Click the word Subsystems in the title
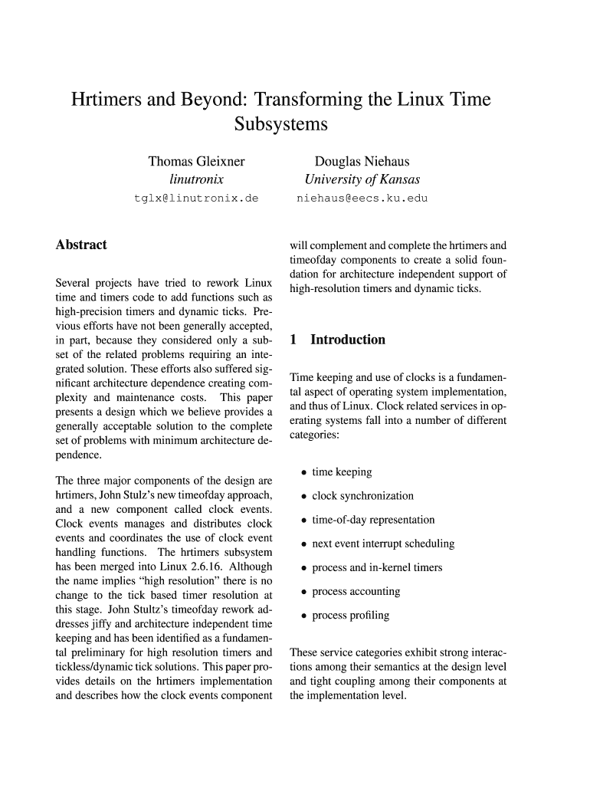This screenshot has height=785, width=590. [x=280, y=124]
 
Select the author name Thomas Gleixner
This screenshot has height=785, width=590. [x=196, y=162]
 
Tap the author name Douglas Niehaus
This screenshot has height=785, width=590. [x=362, y=162]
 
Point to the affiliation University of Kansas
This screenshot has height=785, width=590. [x=362, y=180]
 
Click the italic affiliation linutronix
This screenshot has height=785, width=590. [x=196, y=180]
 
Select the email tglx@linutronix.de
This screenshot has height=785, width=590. [x=196, y=199]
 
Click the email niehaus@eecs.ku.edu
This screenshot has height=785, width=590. [x=362, y=199]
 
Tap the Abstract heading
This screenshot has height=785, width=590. [x=81, y=245]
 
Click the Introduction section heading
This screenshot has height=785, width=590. [x=347, y=340]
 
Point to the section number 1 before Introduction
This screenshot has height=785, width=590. [x=293, y=340]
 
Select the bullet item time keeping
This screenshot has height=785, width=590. [x=342, y=472]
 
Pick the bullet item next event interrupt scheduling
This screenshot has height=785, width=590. [x=383, y=544]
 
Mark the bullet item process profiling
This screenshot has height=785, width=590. [x=350, y=616]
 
